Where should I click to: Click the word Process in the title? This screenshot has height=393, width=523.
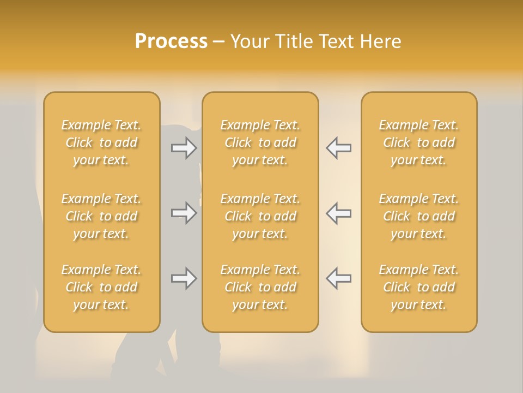[x=171, y=41]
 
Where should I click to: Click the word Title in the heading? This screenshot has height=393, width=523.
[x=293, y=41]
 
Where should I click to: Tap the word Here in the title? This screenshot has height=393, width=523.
[x=380, y=41]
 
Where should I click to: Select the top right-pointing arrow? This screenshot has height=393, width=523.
[x=184, y=148]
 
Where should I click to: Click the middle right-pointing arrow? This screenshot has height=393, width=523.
[x=184, y=213]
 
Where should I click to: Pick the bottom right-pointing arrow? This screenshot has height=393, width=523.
[x=184, y=278]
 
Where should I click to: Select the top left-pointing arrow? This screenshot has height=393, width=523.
[x=338, y=148]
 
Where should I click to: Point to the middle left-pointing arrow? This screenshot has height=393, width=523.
[x=338, y=213]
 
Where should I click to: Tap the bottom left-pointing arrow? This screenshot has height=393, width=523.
[x=338, y=278]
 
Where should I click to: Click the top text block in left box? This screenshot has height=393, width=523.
[x=101, y=142]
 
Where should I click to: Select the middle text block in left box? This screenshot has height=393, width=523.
[x=101, y=216]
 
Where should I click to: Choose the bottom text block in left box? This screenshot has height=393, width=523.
[x=101, y=287]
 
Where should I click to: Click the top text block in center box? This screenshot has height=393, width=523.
[x=260, y=142]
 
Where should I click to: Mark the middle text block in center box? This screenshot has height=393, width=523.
[x=260, y=216]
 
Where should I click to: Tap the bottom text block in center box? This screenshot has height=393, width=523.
[x=260, y=287]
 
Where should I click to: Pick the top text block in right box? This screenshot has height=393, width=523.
[x=418, y=142]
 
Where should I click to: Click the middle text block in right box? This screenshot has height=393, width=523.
[x=418, y=216]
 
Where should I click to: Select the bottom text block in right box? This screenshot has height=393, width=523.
[x=418, y=287]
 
